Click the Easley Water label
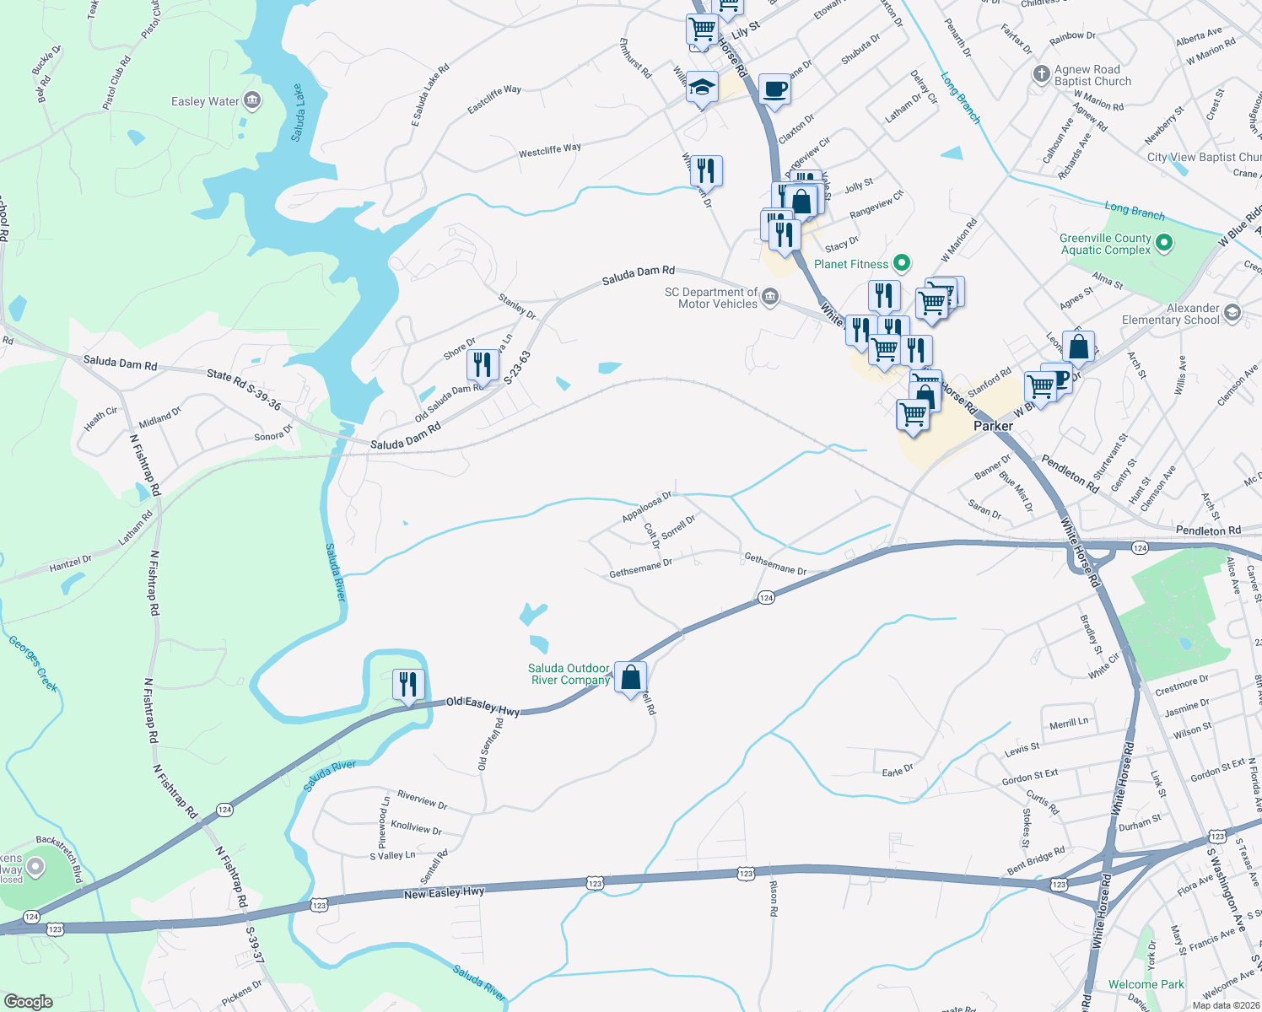205,102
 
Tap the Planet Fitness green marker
902,264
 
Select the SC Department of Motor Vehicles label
711,298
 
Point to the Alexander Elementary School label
1171,314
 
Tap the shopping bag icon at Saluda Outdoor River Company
631,677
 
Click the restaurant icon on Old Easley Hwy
408,684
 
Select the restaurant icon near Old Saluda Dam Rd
483,365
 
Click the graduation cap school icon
701,87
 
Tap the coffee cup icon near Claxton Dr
774,89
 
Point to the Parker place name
993,426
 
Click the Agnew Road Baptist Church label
1092,76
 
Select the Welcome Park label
1146,984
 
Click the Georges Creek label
34,664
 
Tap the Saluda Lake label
299,112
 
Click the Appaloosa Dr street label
647,507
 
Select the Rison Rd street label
773,899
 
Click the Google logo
29,1001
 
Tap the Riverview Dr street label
422,799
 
